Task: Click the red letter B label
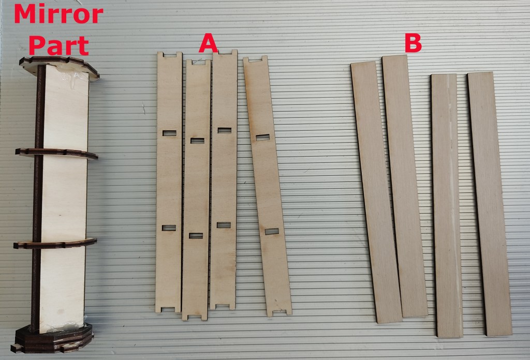point(413,43)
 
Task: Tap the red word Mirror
point(58,14)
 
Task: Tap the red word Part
point(59,46)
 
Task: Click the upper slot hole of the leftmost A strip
point(169,133)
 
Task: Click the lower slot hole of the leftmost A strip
point(169,228)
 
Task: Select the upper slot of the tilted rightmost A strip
point(262,137)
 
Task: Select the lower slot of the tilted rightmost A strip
point(272,231)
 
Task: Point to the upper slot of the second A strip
point(197,141)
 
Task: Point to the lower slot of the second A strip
point(196,236)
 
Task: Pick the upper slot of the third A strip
point(225,130)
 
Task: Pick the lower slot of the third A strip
point(224,225)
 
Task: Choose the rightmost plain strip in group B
point(490,204)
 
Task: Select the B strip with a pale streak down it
point(447,205)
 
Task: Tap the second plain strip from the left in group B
point(405,186)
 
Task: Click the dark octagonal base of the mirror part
point(53,338)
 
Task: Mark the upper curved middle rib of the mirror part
point(56,153)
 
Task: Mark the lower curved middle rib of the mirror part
point(55,244)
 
